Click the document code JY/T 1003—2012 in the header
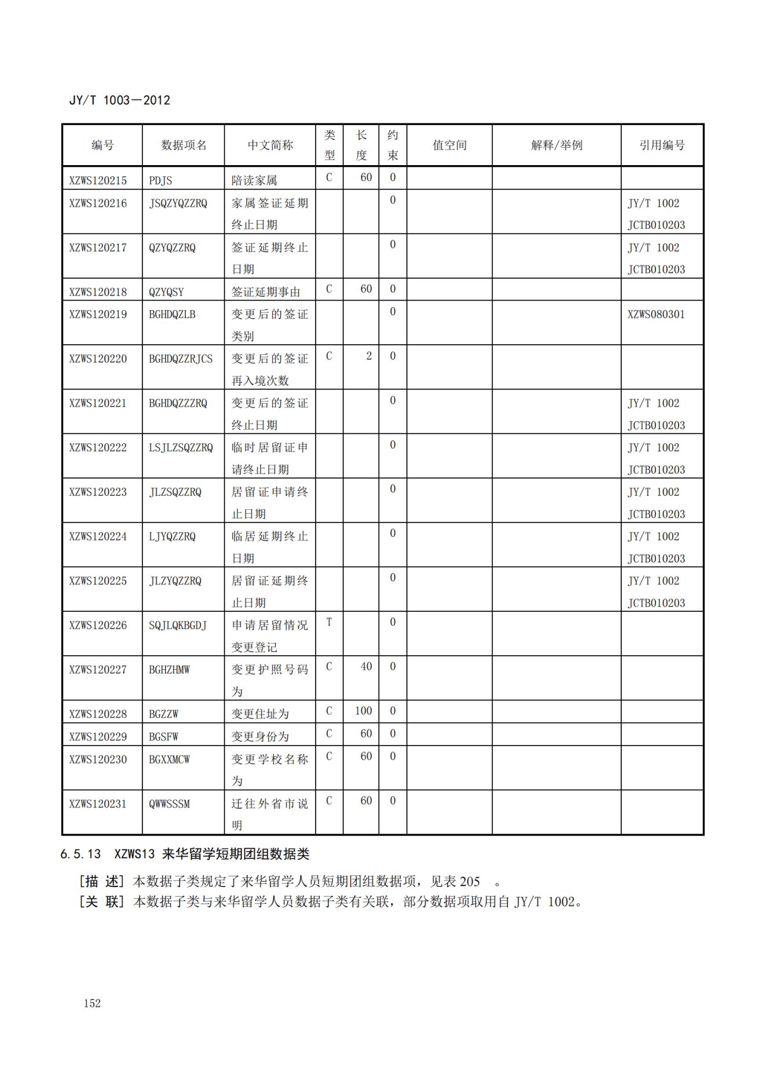120,100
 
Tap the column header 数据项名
184,145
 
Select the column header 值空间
449,145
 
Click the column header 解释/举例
556,145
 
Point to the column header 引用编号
662,145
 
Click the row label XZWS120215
98,180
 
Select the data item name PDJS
160,180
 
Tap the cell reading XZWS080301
656,315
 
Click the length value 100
363,711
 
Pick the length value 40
366,666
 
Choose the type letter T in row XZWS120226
329,622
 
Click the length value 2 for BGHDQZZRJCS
369,356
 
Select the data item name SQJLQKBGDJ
178,625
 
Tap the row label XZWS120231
98,804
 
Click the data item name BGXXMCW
169,759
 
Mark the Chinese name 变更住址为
260,714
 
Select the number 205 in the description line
470,881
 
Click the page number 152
92,1003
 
